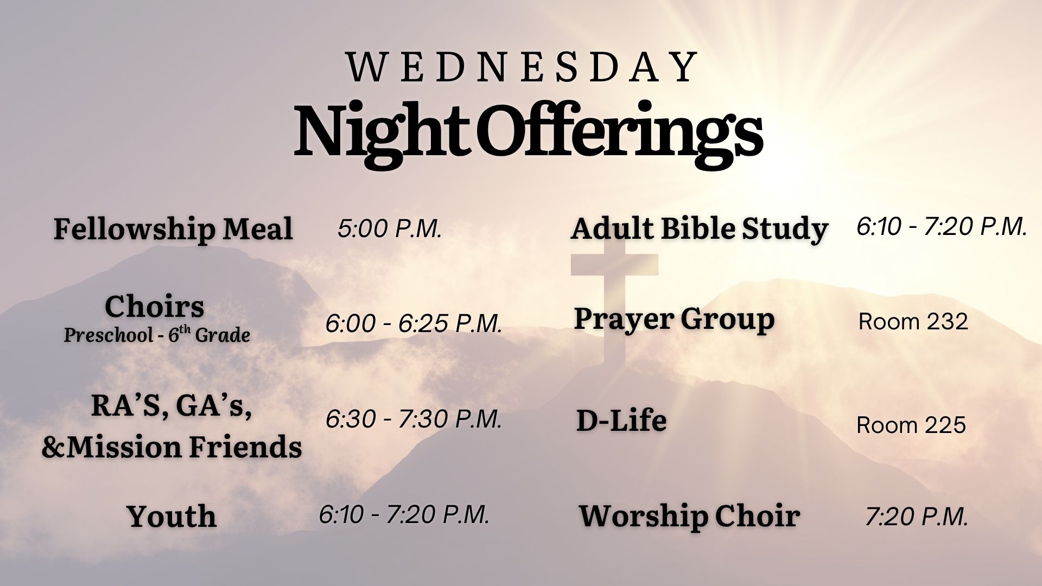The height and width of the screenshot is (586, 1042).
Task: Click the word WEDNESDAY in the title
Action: coord(522,67)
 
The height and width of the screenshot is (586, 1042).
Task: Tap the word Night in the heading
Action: coord(378,132)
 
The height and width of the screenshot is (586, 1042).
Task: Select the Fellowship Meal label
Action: coord(173,228)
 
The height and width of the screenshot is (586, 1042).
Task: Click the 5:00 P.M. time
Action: coord(390,228)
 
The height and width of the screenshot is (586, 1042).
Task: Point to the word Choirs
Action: coord(155,306)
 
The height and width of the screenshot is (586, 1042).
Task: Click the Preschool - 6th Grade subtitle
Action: coord(157,335)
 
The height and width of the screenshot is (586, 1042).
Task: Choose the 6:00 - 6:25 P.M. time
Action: coord(414,323)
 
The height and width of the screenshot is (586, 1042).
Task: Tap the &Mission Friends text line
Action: coord(171,447)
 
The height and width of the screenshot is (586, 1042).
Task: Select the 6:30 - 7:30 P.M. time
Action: coord(414,419)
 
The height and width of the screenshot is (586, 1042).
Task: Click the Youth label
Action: coord(171,516)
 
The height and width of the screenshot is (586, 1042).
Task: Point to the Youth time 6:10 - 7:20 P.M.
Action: coord(404,514)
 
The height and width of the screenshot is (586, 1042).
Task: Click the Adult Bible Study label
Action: coord(699,228)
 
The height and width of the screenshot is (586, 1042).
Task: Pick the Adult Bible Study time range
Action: coord(942,226)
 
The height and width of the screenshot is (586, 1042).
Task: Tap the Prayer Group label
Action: coord(674,319)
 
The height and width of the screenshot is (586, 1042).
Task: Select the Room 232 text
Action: coord(913,322)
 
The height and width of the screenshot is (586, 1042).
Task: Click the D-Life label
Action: coord(621,421)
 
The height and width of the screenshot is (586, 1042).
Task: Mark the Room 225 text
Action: coord(911,425)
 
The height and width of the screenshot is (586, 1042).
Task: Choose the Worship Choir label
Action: coord(689,516)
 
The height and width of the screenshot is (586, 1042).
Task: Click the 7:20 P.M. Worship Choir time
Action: coord(917,516)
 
